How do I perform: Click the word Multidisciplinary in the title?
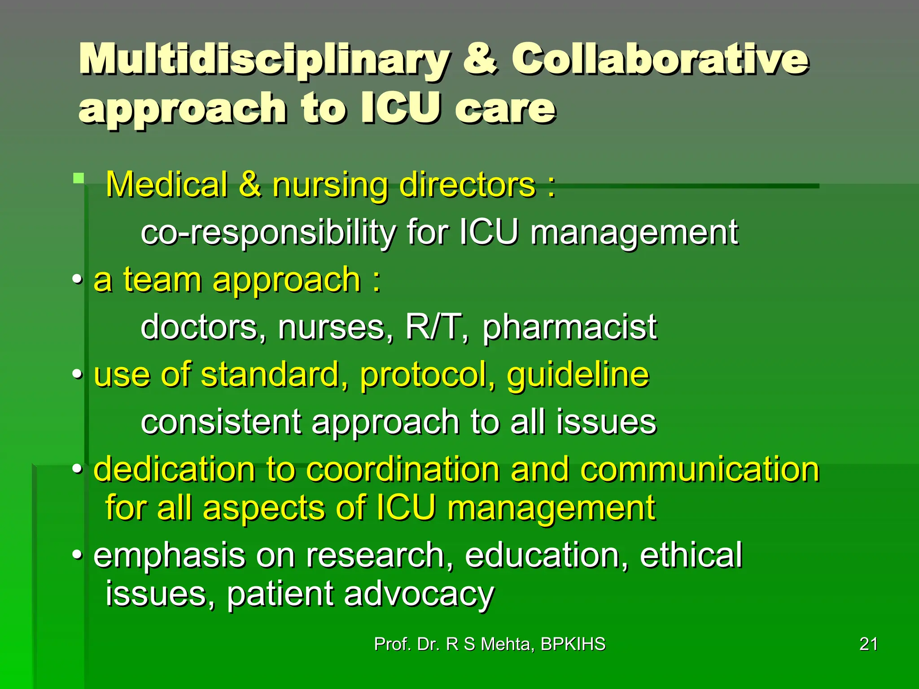264,60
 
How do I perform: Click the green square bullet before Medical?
79,179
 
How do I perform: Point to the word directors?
467,185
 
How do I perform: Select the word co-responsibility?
268,232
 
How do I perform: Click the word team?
162,280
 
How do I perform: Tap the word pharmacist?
569,327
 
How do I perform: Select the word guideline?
578,375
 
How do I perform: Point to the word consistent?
221,422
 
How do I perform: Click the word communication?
700,470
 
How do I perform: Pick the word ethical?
691,555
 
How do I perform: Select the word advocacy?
419,594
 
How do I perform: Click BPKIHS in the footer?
573,644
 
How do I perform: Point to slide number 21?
869,644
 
